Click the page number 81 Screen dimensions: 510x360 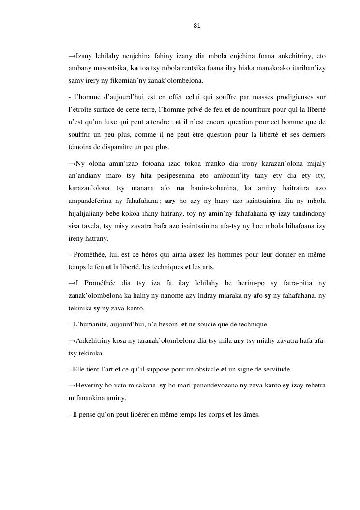point(196,26)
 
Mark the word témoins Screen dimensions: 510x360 point(80,147)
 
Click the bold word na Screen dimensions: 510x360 point(180,188)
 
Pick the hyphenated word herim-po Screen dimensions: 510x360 point(241,283)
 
